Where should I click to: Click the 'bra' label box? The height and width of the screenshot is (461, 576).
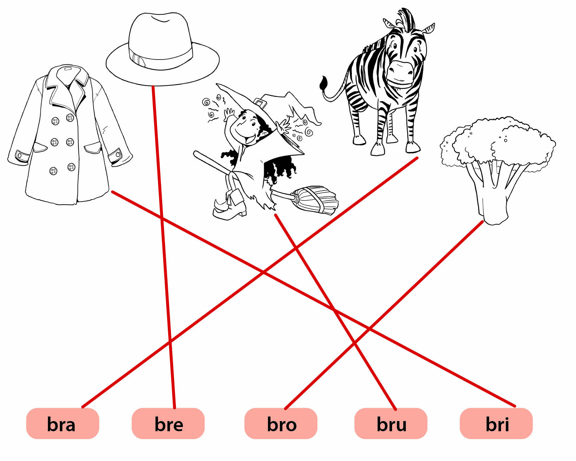[63, 424]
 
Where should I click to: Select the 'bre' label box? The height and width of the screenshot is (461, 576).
[168, 424]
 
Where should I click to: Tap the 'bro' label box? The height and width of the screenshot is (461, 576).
[281, 424]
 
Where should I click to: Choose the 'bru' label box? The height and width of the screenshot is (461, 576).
[391, 424]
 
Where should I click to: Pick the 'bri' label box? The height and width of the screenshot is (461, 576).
[496, 424]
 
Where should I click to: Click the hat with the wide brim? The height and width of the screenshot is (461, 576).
[163, 49]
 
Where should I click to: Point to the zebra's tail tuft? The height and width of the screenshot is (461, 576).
[324, 83]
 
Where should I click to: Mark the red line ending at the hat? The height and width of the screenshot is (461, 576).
[164, 247]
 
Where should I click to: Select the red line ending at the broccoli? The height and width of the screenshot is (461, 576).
[384, 315]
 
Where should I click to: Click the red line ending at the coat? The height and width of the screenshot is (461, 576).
[313, 299]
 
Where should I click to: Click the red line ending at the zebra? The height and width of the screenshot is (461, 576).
[250, 282]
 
